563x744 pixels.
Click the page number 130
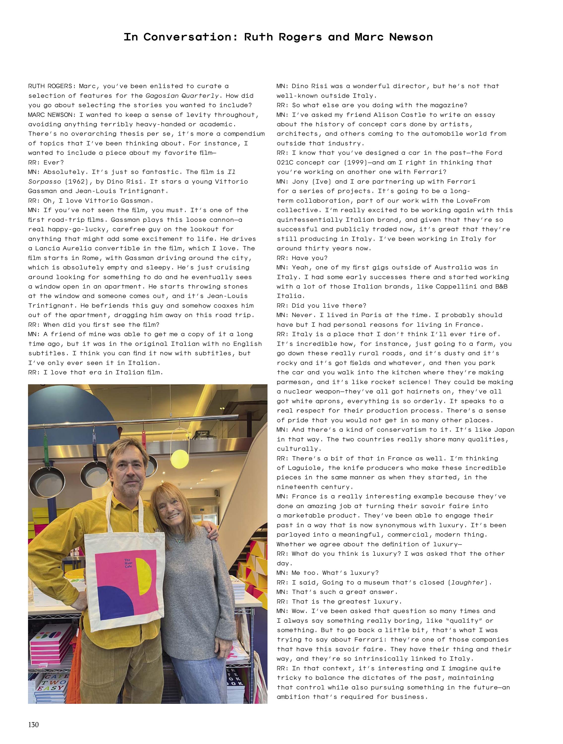(x=34, y=724)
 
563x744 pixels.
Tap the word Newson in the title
(x=411, y=37)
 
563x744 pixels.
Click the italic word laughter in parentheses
(x=468, y=582)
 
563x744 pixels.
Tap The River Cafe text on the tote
(x=128, y=563)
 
